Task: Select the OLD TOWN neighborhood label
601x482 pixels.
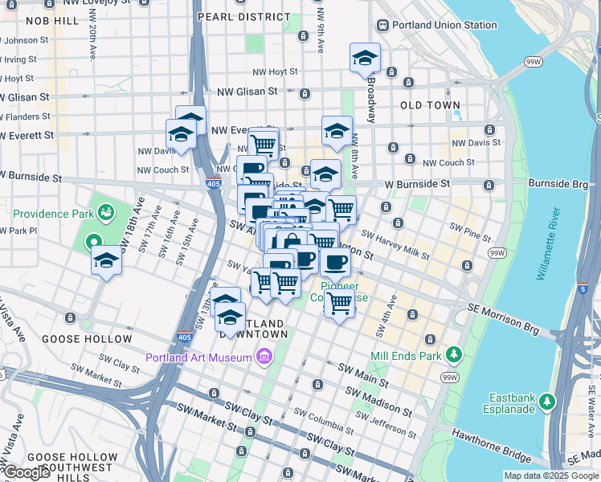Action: point(430,105)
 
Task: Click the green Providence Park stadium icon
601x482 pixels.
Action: point(105,212)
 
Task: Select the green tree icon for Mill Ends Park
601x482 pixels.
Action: point(454,353)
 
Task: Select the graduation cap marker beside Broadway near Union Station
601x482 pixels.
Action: point(365,58)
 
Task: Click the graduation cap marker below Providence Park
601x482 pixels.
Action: point(106,261)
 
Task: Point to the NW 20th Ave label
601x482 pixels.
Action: point(93,39)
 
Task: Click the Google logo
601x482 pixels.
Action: point(27,472)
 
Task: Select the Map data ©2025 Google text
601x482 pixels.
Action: point(551,476)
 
